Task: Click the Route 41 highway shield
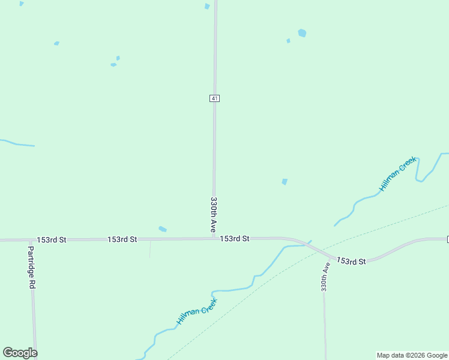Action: tap(214, 98)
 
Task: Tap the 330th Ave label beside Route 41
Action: tap(213, 214)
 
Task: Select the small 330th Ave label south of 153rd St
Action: tap(325, 276)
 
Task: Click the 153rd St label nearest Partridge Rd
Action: tap(51, 239)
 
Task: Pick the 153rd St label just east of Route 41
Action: tap(234, 239)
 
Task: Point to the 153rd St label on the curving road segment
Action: tap(351, 261)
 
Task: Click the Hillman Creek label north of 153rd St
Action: tap(397, 175)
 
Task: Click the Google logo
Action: tap(20, 353)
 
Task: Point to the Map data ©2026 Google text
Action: tap(412, 355)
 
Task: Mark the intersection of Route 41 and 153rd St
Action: tap(214, 238)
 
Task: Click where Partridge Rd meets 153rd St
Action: tap(29, 240)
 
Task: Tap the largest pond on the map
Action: tap(302, 33)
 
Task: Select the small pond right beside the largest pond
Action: tap(288, 41)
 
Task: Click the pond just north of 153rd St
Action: tap(162, 229)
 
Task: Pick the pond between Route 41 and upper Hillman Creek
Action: tap(285, 181)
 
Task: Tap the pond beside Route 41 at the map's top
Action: tap(207, 7)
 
